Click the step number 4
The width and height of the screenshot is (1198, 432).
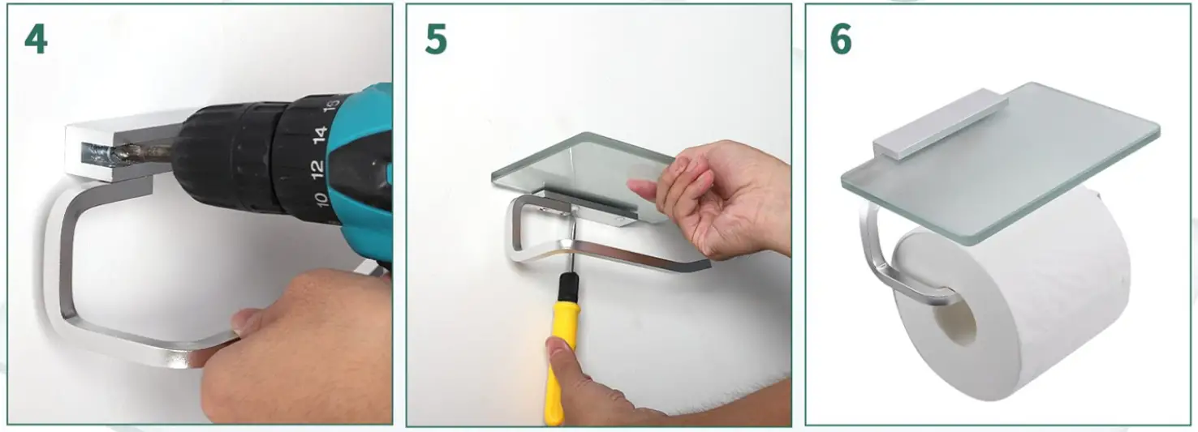tap(36, 39)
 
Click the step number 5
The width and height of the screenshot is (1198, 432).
tap(436, 39)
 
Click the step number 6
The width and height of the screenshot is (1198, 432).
tap(841, 39)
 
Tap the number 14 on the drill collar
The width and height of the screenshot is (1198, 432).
tap(321, 133)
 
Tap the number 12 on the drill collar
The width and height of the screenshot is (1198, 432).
tap(317, 168)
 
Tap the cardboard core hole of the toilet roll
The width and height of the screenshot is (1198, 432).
tap(959, 320)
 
